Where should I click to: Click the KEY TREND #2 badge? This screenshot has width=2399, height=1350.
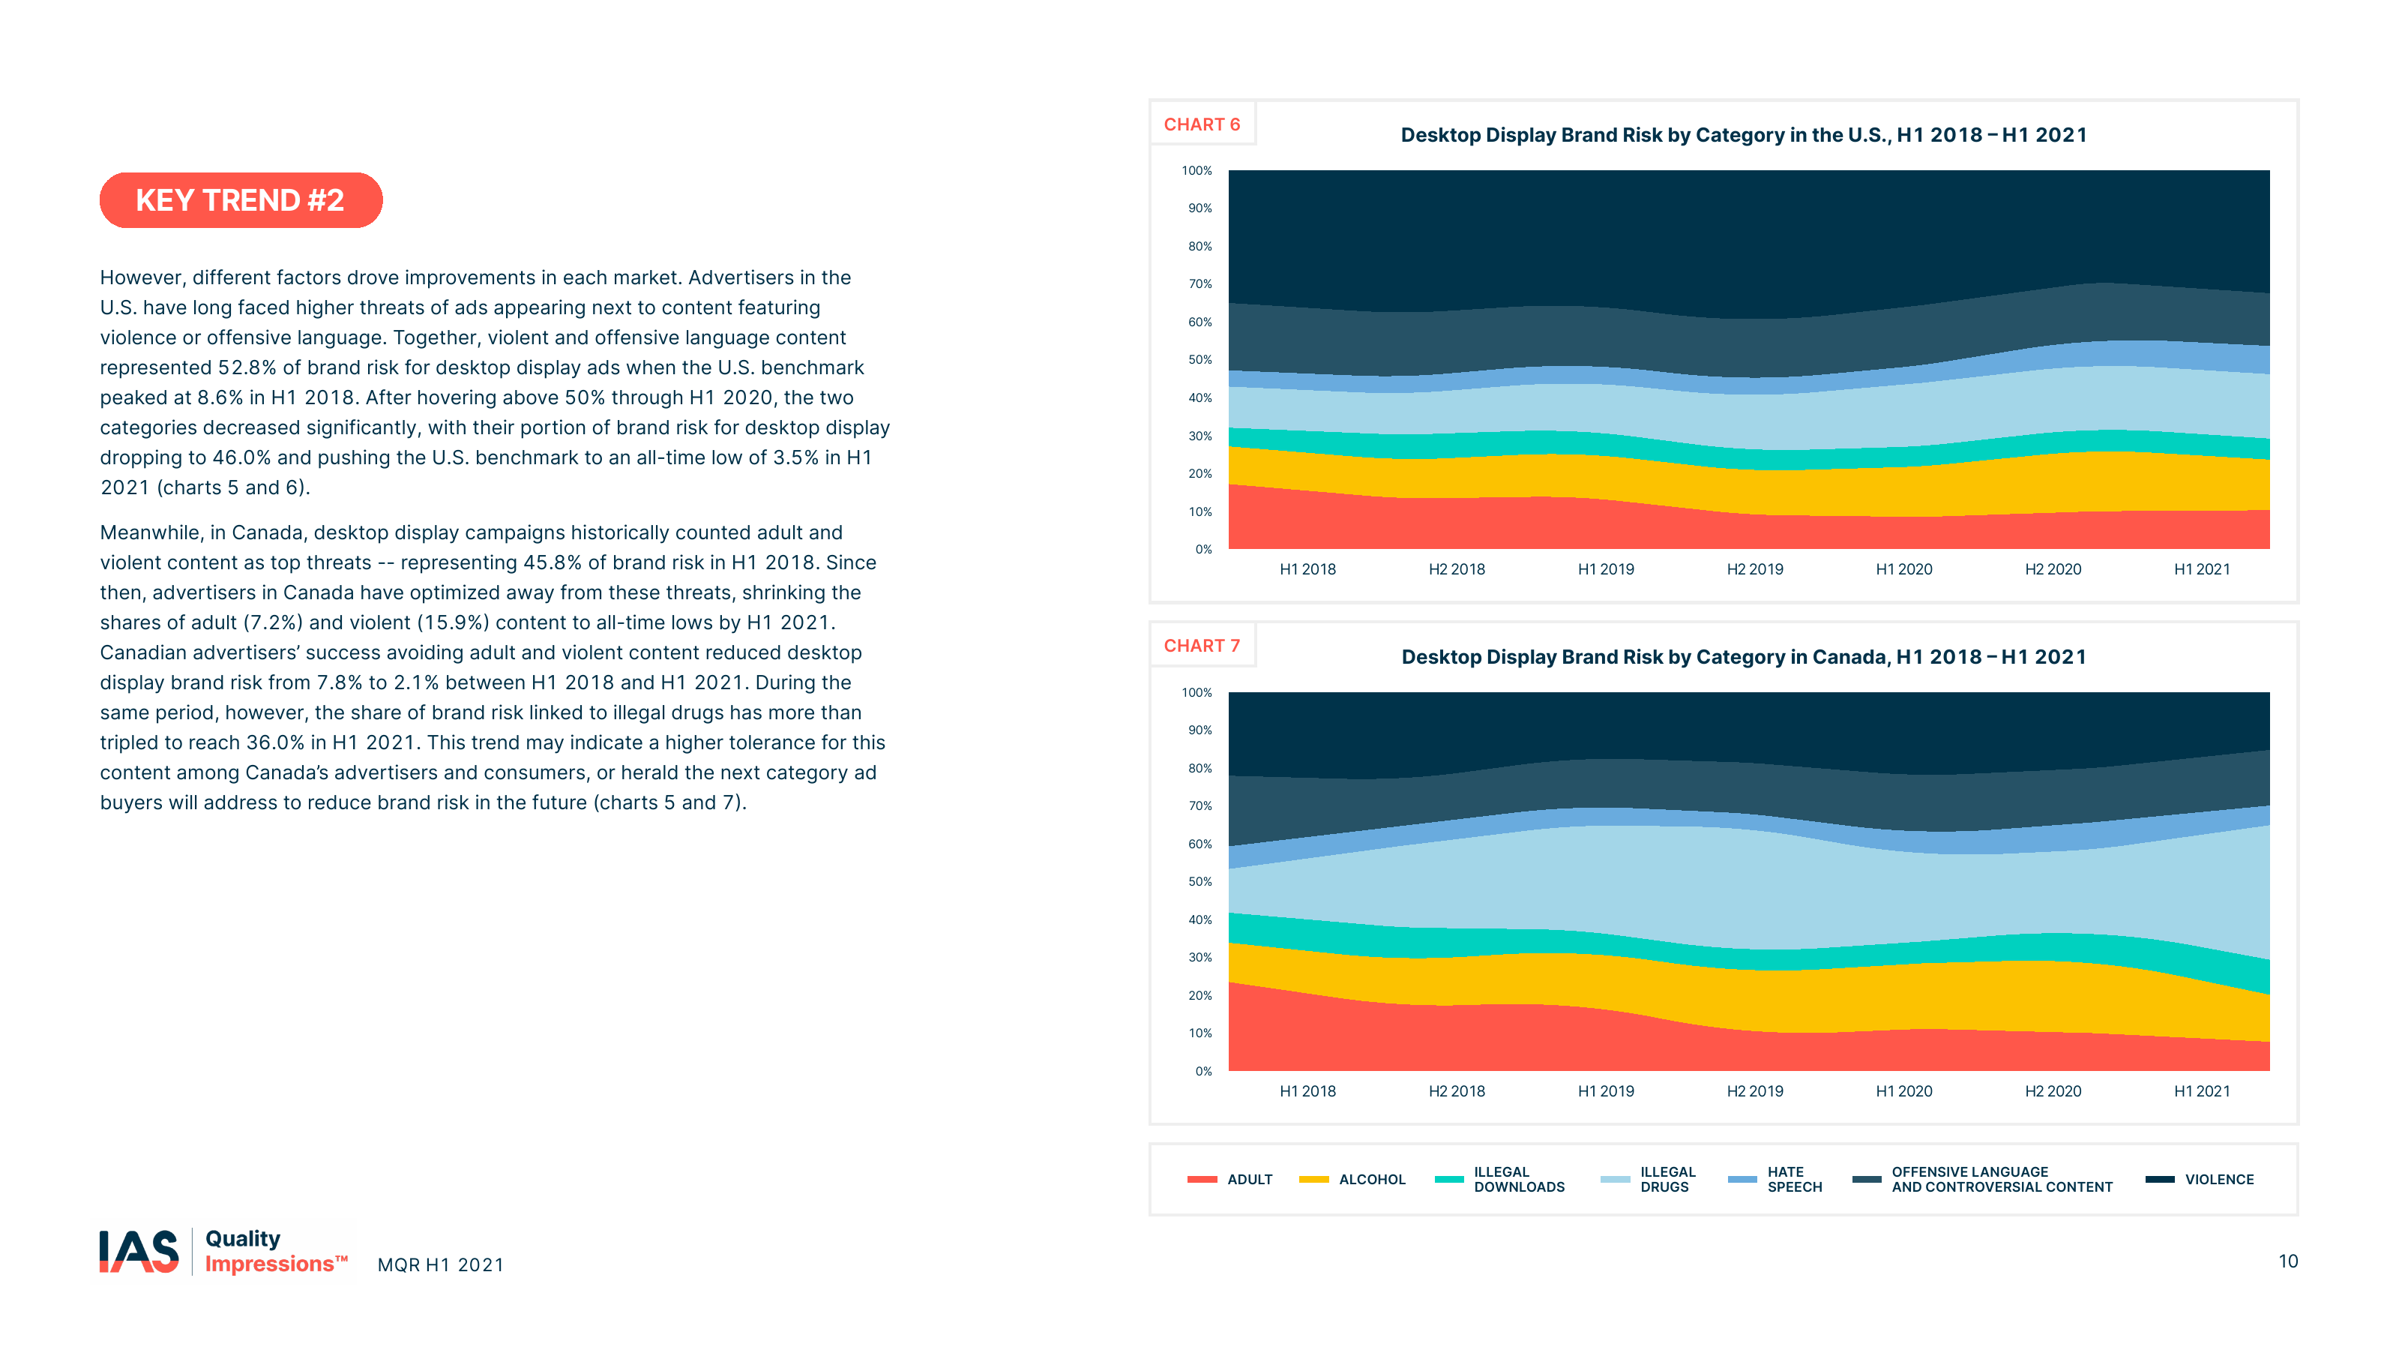[240, 200]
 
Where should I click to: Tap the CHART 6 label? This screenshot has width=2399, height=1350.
[1201, 124]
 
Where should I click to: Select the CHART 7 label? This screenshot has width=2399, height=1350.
[1201, 646]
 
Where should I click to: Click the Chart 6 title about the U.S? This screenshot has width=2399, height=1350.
[1743, 135]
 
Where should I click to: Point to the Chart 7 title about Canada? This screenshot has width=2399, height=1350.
[1743, 657]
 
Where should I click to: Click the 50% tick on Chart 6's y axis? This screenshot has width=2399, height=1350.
[1199, 360]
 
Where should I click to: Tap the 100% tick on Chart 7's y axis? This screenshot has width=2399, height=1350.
[1197, 692]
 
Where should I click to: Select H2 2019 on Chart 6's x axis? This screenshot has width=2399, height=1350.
[1754, 569]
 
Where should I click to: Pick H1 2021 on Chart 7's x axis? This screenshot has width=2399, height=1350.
[2202, 1091]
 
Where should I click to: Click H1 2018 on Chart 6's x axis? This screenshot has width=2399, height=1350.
[1307, 569]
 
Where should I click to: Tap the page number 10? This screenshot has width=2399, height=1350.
[2288, 1261]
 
